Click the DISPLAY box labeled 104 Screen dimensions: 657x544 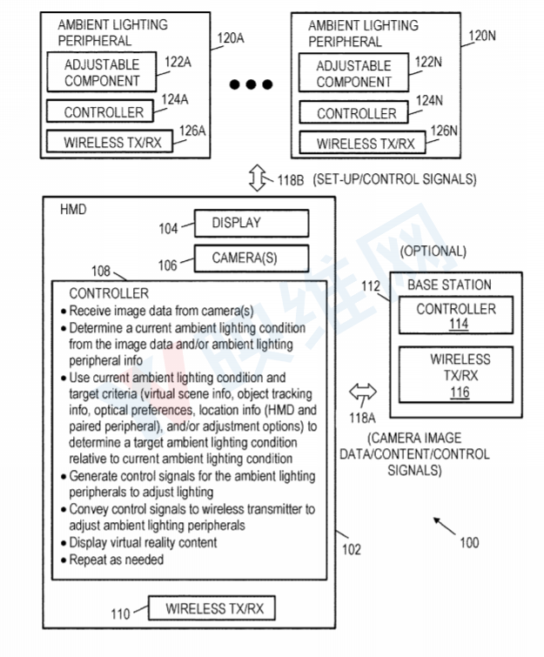pyautogui.click(x=251, y=224)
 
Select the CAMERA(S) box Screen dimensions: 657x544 pyautogui.click(x=251, y=258)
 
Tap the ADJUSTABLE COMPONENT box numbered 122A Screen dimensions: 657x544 pyautogui.click(x=101, y=73)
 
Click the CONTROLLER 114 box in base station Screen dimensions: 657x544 pyautogui.click(x=455, y=316)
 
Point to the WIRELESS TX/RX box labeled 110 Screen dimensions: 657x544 pyautogui.click(x=214, y=608)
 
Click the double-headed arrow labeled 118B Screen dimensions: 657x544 pyautogui.click(x=257, y=179)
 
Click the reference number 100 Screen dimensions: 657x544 pyautogui.click(x=468, y=542)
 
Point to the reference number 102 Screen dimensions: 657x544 pyautogui.click(x=351, y=549)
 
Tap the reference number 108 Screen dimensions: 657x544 pyautogui.click(x=102, y=270)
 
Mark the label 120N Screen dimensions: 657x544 pyautogui.click(x=482, y=36)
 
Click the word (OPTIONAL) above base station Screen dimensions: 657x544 pyautogui.click(x=433, y=251)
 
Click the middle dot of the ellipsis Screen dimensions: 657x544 pyautogui.click(x=252, y=84)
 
